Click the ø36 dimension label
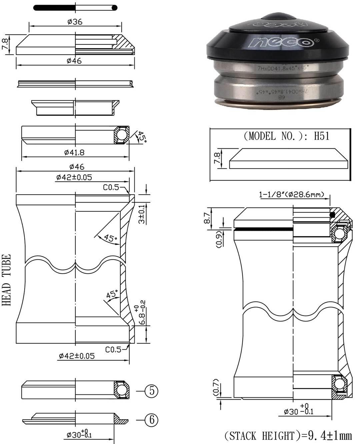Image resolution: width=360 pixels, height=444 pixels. (75, 22)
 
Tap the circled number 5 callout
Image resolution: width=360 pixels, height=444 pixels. (151, 391)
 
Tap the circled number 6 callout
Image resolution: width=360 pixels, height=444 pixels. (151, 420)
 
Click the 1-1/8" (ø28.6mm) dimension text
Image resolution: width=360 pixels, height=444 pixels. (292, 194)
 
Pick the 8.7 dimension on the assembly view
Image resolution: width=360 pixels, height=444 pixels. (207, 218)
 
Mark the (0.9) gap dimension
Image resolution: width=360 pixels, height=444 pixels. (219, 239)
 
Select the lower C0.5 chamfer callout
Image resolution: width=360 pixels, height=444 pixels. (113, 349)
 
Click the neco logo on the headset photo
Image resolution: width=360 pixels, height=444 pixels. (282, 42)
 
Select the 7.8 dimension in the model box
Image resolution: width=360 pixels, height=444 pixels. (217, 158)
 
